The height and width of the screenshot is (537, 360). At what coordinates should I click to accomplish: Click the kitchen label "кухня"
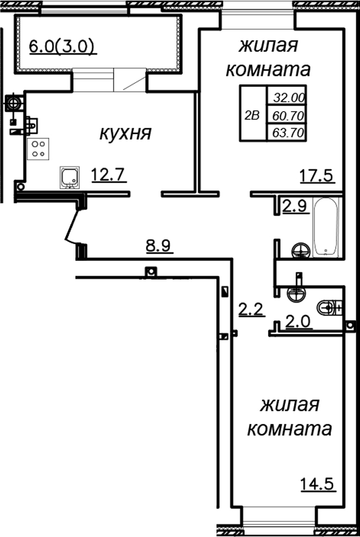point(125,133)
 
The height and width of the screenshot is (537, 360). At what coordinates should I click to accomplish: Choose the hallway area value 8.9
point(159,246)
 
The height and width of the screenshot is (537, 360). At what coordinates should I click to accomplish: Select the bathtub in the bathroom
point(326,227)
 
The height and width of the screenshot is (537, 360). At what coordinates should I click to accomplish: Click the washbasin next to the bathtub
point(301,250)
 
